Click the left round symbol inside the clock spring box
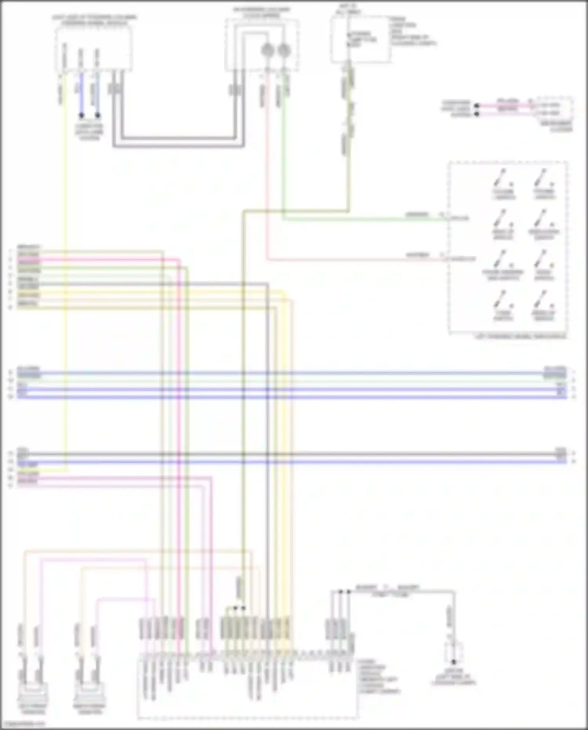pos(267,50)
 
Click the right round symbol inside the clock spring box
pos(284,50)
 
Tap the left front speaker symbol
pos(33,693)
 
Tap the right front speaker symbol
pos(90,693)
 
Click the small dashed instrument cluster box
pos(554,109)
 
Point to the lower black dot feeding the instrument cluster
pos(477,114)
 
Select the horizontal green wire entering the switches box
pos(365,219)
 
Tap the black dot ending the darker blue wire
pos(81,115)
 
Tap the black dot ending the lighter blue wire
pos(98,115)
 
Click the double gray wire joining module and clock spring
pos(178,142)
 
